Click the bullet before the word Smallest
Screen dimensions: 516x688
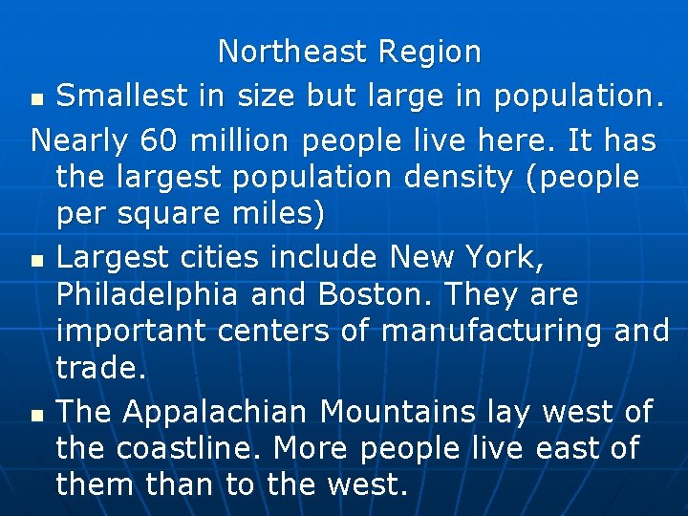tap(37, 99)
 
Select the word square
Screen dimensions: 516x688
tap(178, 214)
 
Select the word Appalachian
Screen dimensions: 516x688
tap(216, 412)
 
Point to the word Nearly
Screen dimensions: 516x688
tap(80, 140)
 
